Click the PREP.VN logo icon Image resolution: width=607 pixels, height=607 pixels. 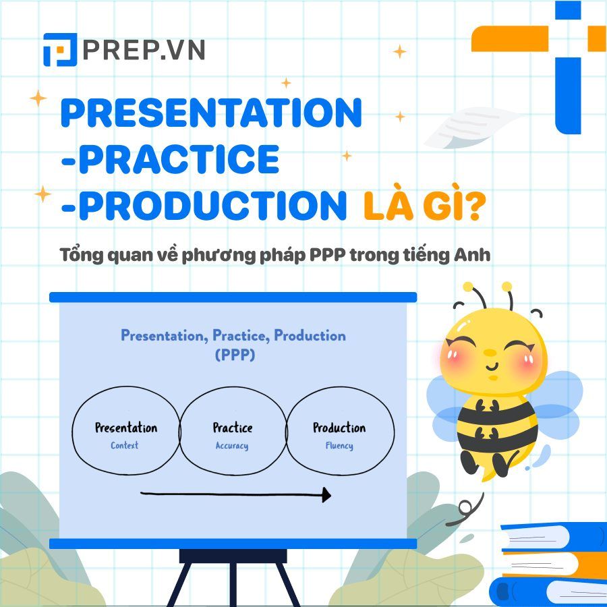click(60, 50)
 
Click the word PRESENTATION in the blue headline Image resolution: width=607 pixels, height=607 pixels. click(211, 113)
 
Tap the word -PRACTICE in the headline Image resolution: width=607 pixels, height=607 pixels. click(169, 159)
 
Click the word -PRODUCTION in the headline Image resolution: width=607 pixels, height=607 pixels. click(203, 206)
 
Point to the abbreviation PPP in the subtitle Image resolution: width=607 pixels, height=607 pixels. click(343, 256)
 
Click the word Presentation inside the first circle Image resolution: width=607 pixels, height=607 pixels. click(126, 428)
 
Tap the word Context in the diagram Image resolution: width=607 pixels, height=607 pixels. click(125, 445)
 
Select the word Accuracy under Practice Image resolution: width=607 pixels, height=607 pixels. click(232, 446)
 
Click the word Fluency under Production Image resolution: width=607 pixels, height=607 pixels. click(339, 446)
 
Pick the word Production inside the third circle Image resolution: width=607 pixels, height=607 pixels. click(339, 428)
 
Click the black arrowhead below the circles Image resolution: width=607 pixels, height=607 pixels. click(326, 496)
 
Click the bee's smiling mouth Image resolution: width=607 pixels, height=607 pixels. click(492, 366)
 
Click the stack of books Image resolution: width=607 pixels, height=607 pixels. click(549, 563)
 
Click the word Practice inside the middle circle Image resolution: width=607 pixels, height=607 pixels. click(233, 428)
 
